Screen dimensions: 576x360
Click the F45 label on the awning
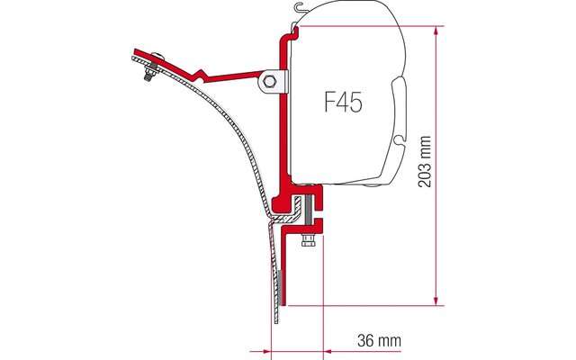[x=344, y=102]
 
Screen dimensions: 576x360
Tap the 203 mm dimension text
[x=425, y=162]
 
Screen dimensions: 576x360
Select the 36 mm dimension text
[x=379, y=340]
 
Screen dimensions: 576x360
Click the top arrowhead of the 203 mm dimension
[x=436, y=31]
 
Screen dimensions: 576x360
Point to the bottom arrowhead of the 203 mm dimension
[x=436, y=301]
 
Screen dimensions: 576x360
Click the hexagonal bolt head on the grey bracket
[x=270, y=81]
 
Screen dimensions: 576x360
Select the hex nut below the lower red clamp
[x=307, y=241]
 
